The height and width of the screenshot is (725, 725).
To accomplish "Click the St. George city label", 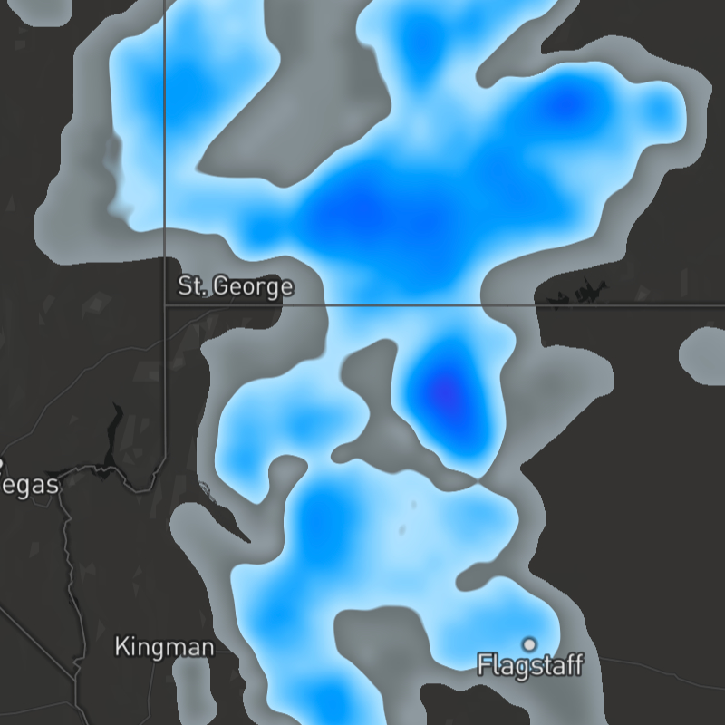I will pyautogui.click(x=235, y=287).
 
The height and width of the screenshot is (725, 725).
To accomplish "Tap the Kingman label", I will pyautogui.click(x=164, y=647).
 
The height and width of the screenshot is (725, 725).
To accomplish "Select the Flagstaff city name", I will pyautogui.click(x=530, y=666).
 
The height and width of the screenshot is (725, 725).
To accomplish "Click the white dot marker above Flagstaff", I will pyautogui.click(x=529, y=644).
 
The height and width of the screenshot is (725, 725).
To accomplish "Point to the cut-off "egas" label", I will pyautogui.click(x=30, y=485).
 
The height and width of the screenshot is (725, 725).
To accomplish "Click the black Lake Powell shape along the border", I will pyautogui.click(x=580, y=294).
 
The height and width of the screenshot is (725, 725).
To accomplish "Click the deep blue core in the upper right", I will pyautogui.click(x=566, y=104).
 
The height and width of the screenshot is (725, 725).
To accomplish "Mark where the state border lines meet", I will pyautogui.click(x=164, y=305).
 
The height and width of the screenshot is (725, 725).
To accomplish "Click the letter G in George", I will pyautogui.click(x=223, y=287).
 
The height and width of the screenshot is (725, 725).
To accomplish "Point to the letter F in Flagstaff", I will pyautogui.click(x=483, y=666).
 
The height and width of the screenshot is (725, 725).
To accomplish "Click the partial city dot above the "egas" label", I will pyautogui.click(x=1, y=462).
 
